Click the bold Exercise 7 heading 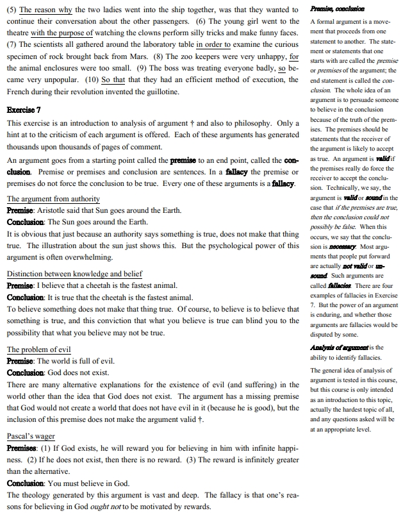click(x=24, y=110)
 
